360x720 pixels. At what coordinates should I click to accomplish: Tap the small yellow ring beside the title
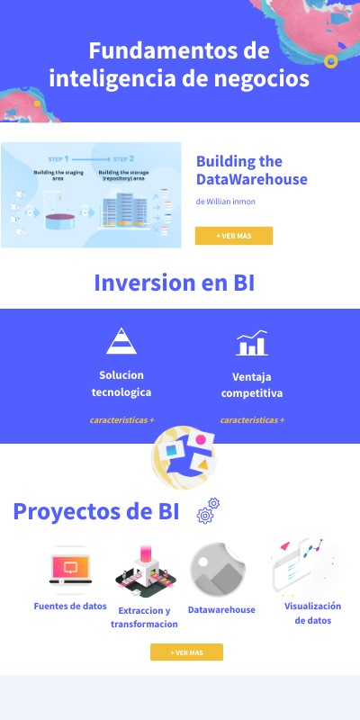coord(330,61)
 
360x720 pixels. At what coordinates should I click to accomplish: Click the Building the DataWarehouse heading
coord(251,170)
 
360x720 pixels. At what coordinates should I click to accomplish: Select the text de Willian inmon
coord(225,202)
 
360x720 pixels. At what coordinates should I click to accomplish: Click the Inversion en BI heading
coord(175,283)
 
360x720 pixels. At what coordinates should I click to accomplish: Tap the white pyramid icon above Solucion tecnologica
coord(121,341)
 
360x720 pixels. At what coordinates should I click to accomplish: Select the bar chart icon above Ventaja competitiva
coord(251,343)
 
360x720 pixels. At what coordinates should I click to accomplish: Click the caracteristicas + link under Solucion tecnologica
coord(121,420)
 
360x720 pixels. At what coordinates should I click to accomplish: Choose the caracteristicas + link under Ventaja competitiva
coord(252,420)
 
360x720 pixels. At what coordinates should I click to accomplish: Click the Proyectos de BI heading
coord(95,511)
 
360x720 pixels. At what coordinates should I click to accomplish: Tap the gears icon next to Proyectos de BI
coord(209,510)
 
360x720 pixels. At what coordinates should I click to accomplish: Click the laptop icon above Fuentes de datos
coord(70,570)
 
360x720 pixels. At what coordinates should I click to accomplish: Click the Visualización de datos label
coord(313,613)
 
